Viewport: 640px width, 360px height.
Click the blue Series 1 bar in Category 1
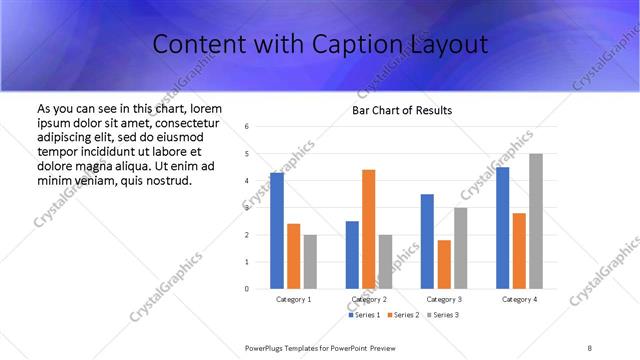tap(277, 231)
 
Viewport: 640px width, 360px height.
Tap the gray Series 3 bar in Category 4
tap(536, 221)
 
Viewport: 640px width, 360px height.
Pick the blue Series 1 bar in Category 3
tap(427, 241)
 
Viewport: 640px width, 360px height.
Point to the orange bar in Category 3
tap(444, 264)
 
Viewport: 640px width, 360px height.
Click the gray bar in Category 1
tap(310, 261)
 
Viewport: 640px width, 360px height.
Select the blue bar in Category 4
tap(502, 228)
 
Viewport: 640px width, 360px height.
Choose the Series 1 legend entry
tap(364, 315)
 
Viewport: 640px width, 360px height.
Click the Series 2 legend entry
tap(403, 315)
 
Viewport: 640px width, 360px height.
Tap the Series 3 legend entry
tap(443, 315)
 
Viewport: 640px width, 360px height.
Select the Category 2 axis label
tap(368, 299)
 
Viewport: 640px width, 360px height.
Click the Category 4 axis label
tap(518, 299)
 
